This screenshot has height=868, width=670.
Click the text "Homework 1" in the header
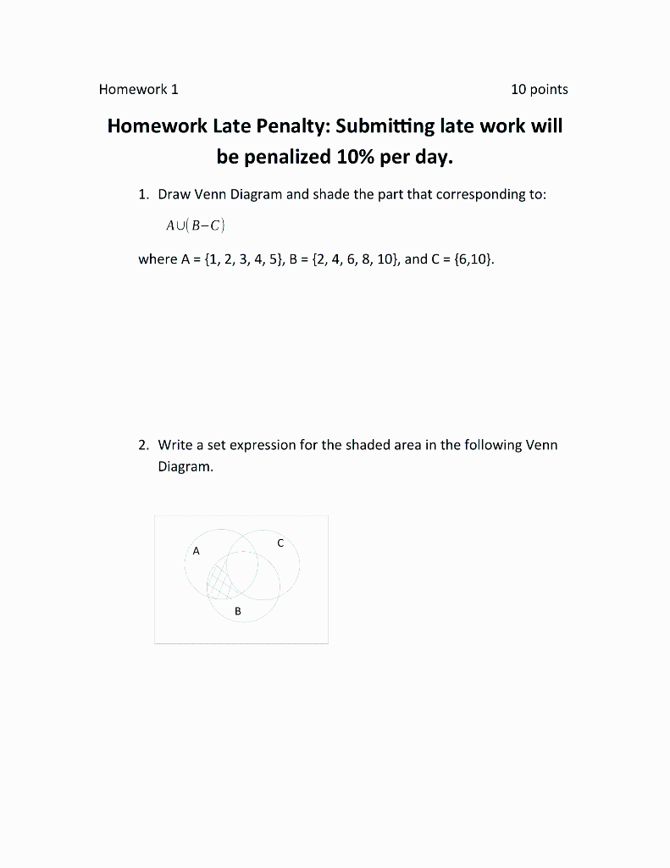click(138, 89)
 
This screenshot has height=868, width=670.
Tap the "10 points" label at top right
click(540, 89)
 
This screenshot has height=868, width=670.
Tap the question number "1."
click(144, 194)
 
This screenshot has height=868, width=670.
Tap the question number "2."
click(144, 445)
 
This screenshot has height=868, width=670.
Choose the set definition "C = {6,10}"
click(462, 259)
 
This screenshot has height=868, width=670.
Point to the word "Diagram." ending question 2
click(185, 466)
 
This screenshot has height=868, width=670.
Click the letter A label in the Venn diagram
click(196, 551)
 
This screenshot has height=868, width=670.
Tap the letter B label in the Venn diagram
click(238, 610)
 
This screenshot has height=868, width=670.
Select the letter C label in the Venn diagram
click(280, 543)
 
